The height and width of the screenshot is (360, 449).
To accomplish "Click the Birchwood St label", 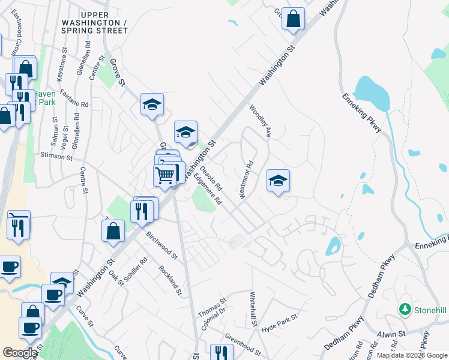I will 162,245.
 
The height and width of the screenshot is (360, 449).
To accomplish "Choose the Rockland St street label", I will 170,281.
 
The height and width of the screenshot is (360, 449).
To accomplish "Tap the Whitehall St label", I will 253,309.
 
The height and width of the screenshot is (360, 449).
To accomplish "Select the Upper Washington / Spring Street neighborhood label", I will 95,23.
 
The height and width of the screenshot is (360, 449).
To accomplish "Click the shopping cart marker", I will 165,175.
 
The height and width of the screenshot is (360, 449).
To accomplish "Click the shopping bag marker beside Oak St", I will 113,230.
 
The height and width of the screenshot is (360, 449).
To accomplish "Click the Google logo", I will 20,353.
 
